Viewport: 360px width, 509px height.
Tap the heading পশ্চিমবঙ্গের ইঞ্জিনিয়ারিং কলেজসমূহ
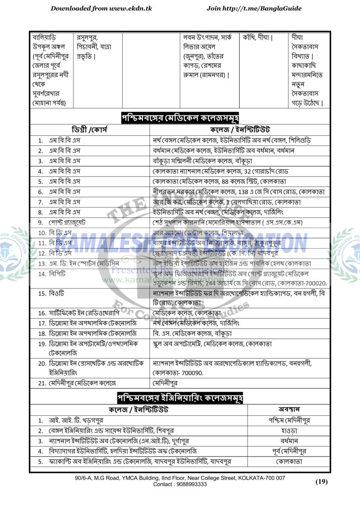(180, 398)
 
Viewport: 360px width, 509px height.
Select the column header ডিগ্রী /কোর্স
(90, 130)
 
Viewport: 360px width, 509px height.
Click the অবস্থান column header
(289, 410)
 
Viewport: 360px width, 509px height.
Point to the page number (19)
(322, 481)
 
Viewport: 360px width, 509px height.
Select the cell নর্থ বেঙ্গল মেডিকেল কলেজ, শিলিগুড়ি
(235, 140)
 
